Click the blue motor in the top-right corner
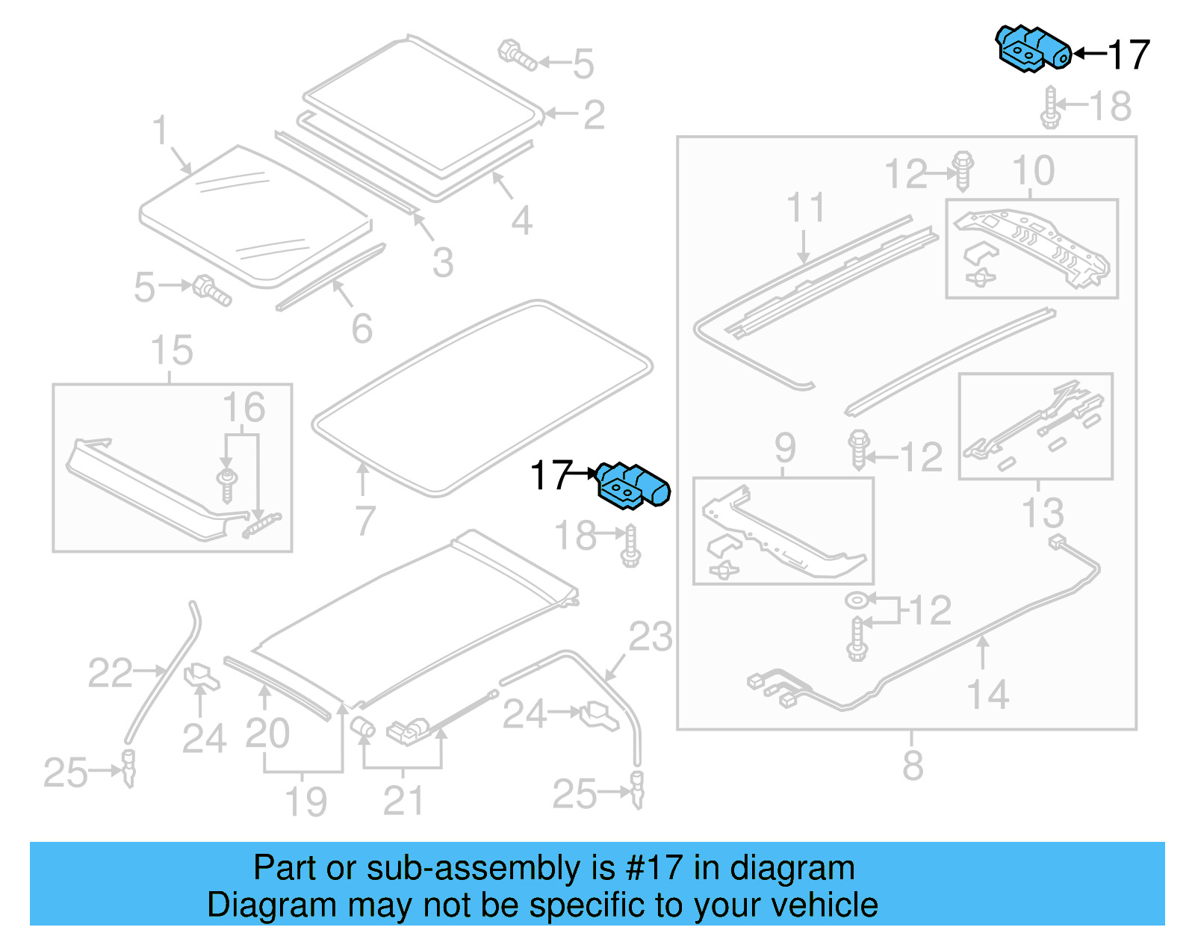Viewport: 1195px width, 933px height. pyautogui.click(x=1033, y=49)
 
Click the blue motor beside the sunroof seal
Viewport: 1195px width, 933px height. pyautogui.click(x=633, y=486)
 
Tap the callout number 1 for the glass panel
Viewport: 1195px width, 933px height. pyautogui.click(x=160, y=131)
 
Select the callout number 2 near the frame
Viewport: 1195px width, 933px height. pyautogui.click(x=594, y=114)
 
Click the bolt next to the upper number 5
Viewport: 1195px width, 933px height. pyautogui.click(x=517, y=55)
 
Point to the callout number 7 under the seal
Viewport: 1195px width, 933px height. pyautogui.click(x=364, y=521)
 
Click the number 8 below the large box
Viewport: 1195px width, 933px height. pyautogui.click(x=913, y=766)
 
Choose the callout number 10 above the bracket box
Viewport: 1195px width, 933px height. pyautogui.click(x=1033, y=171)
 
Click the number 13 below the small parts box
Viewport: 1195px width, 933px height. pyautogui.click(x=1043, y=513)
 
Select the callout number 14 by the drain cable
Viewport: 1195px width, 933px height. pyautogui.click(x=988, y=695)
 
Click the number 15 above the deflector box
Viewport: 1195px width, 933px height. pyautogui.click(x=172, y=350)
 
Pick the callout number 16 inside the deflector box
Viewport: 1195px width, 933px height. pyautogui.click(x=243, y=408)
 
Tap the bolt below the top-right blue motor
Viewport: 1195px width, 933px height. pyautogui.click(x=1050, y=108)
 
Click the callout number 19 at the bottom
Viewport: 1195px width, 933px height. pyautogui.click(x=306, y=802)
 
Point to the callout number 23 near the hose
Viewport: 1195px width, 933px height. pyautogui.click(x=650, y=636)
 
